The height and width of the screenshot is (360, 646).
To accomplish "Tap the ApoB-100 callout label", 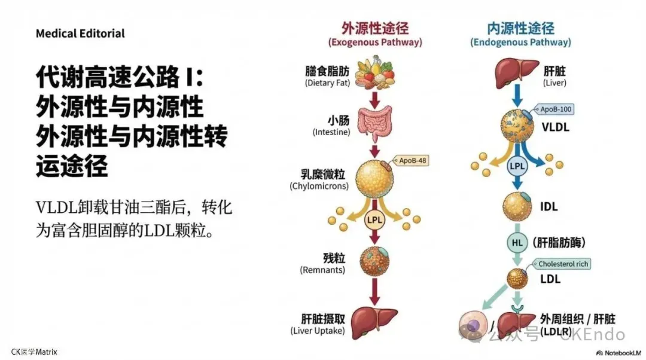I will [555, 110].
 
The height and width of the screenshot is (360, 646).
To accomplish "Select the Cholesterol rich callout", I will [563, 264].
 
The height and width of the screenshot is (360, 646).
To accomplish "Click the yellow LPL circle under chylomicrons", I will [374, 219].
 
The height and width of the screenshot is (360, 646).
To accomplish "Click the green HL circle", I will [517, 242].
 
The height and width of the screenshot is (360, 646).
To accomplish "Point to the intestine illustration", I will [374, 124].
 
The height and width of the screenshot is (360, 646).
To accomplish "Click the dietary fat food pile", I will [375, 72].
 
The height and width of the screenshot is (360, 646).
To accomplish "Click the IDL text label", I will [549, 207].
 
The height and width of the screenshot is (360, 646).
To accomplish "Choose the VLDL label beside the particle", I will [555, 127].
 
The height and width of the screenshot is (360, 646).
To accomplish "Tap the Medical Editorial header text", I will [80, 33].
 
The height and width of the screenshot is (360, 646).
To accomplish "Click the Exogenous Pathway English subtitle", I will [375, 43].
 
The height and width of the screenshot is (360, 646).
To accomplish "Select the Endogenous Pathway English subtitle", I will [520, 43].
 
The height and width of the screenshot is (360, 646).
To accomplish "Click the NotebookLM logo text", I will [622, 353].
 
